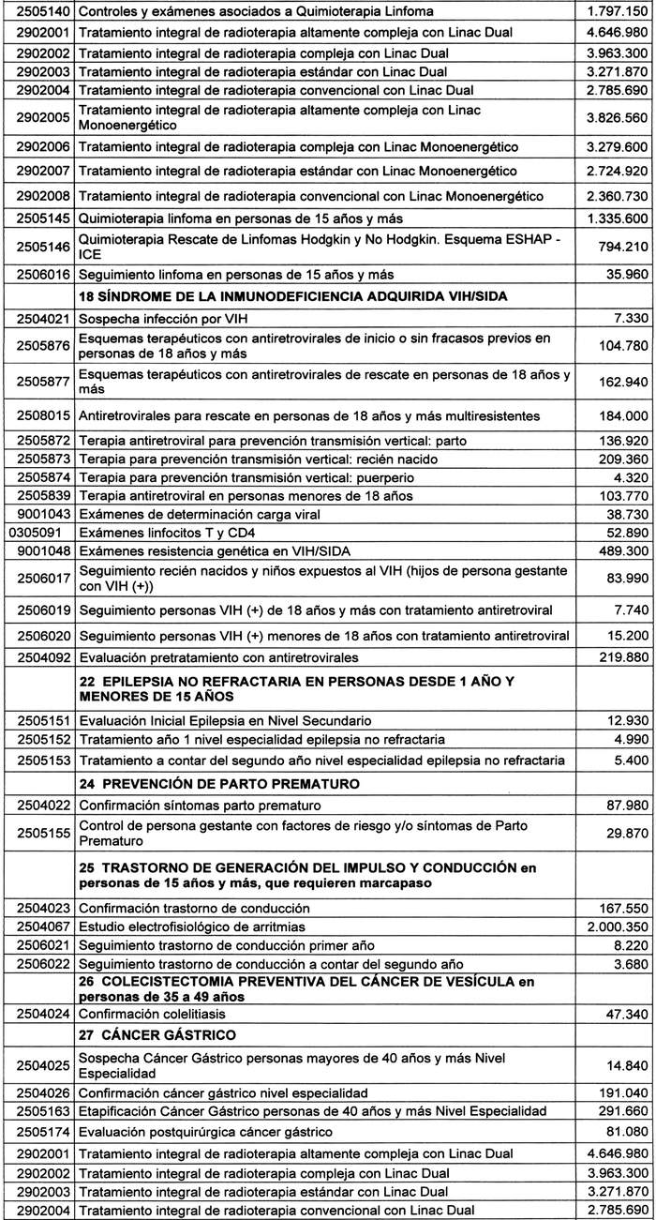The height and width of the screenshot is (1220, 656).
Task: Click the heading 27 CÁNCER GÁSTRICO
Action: (159, 1035)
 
